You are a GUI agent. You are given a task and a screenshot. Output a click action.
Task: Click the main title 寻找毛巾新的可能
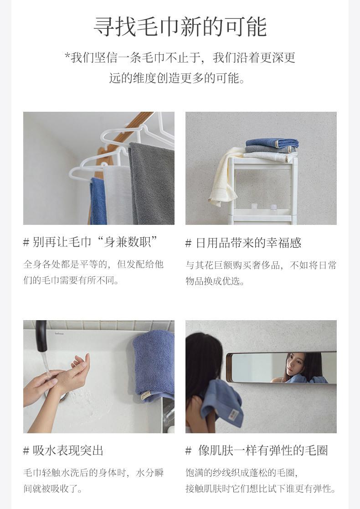click(x=180, y=26)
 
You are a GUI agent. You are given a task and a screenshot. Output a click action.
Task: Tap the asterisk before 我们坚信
click(x=67, y=56)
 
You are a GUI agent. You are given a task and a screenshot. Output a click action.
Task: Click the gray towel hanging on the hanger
click(x=151, y=183)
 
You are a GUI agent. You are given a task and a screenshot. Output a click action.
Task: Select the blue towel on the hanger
click(x=98, y=201)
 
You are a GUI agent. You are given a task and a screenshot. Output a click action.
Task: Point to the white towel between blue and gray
click(x=118, y=195)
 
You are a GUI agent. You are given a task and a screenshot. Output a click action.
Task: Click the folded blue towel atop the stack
click(x=272, y=143)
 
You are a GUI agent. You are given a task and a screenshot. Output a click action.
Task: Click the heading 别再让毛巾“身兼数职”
click(x=91, y=242)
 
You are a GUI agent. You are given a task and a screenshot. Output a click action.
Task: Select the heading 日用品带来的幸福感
click(x=243, y=243)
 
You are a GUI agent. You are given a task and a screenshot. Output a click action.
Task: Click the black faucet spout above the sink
click(x=41, y=336)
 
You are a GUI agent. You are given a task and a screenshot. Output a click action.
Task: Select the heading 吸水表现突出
click(x=63, y=451)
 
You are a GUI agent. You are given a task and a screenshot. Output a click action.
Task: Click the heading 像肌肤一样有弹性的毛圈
click(x=257, y=451)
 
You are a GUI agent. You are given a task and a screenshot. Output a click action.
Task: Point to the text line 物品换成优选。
click(x=215, y=281)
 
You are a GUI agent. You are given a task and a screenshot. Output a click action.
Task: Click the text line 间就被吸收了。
click(x=52, y=488)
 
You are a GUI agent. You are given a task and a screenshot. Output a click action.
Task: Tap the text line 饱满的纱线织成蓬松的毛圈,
click(x=242, y=473)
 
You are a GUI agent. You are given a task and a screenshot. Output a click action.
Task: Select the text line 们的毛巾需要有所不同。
click(x=71, y=280)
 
